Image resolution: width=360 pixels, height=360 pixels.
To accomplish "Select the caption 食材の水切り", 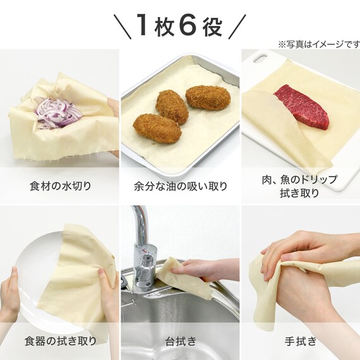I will pos(60,186).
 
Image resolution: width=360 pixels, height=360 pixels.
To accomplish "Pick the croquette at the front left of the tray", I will pos(157,127).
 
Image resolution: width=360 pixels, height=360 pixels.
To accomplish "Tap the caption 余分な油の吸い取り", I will pos(180,186).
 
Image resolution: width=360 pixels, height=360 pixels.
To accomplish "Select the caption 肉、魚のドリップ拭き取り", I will pos(300,186).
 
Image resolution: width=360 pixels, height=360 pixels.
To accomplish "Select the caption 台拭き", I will pos(180,342).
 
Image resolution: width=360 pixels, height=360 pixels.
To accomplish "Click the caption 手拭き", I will pos(300,342).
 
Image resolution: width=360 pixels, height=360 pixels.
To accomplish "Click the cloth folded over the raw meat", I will pos(272,120).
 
